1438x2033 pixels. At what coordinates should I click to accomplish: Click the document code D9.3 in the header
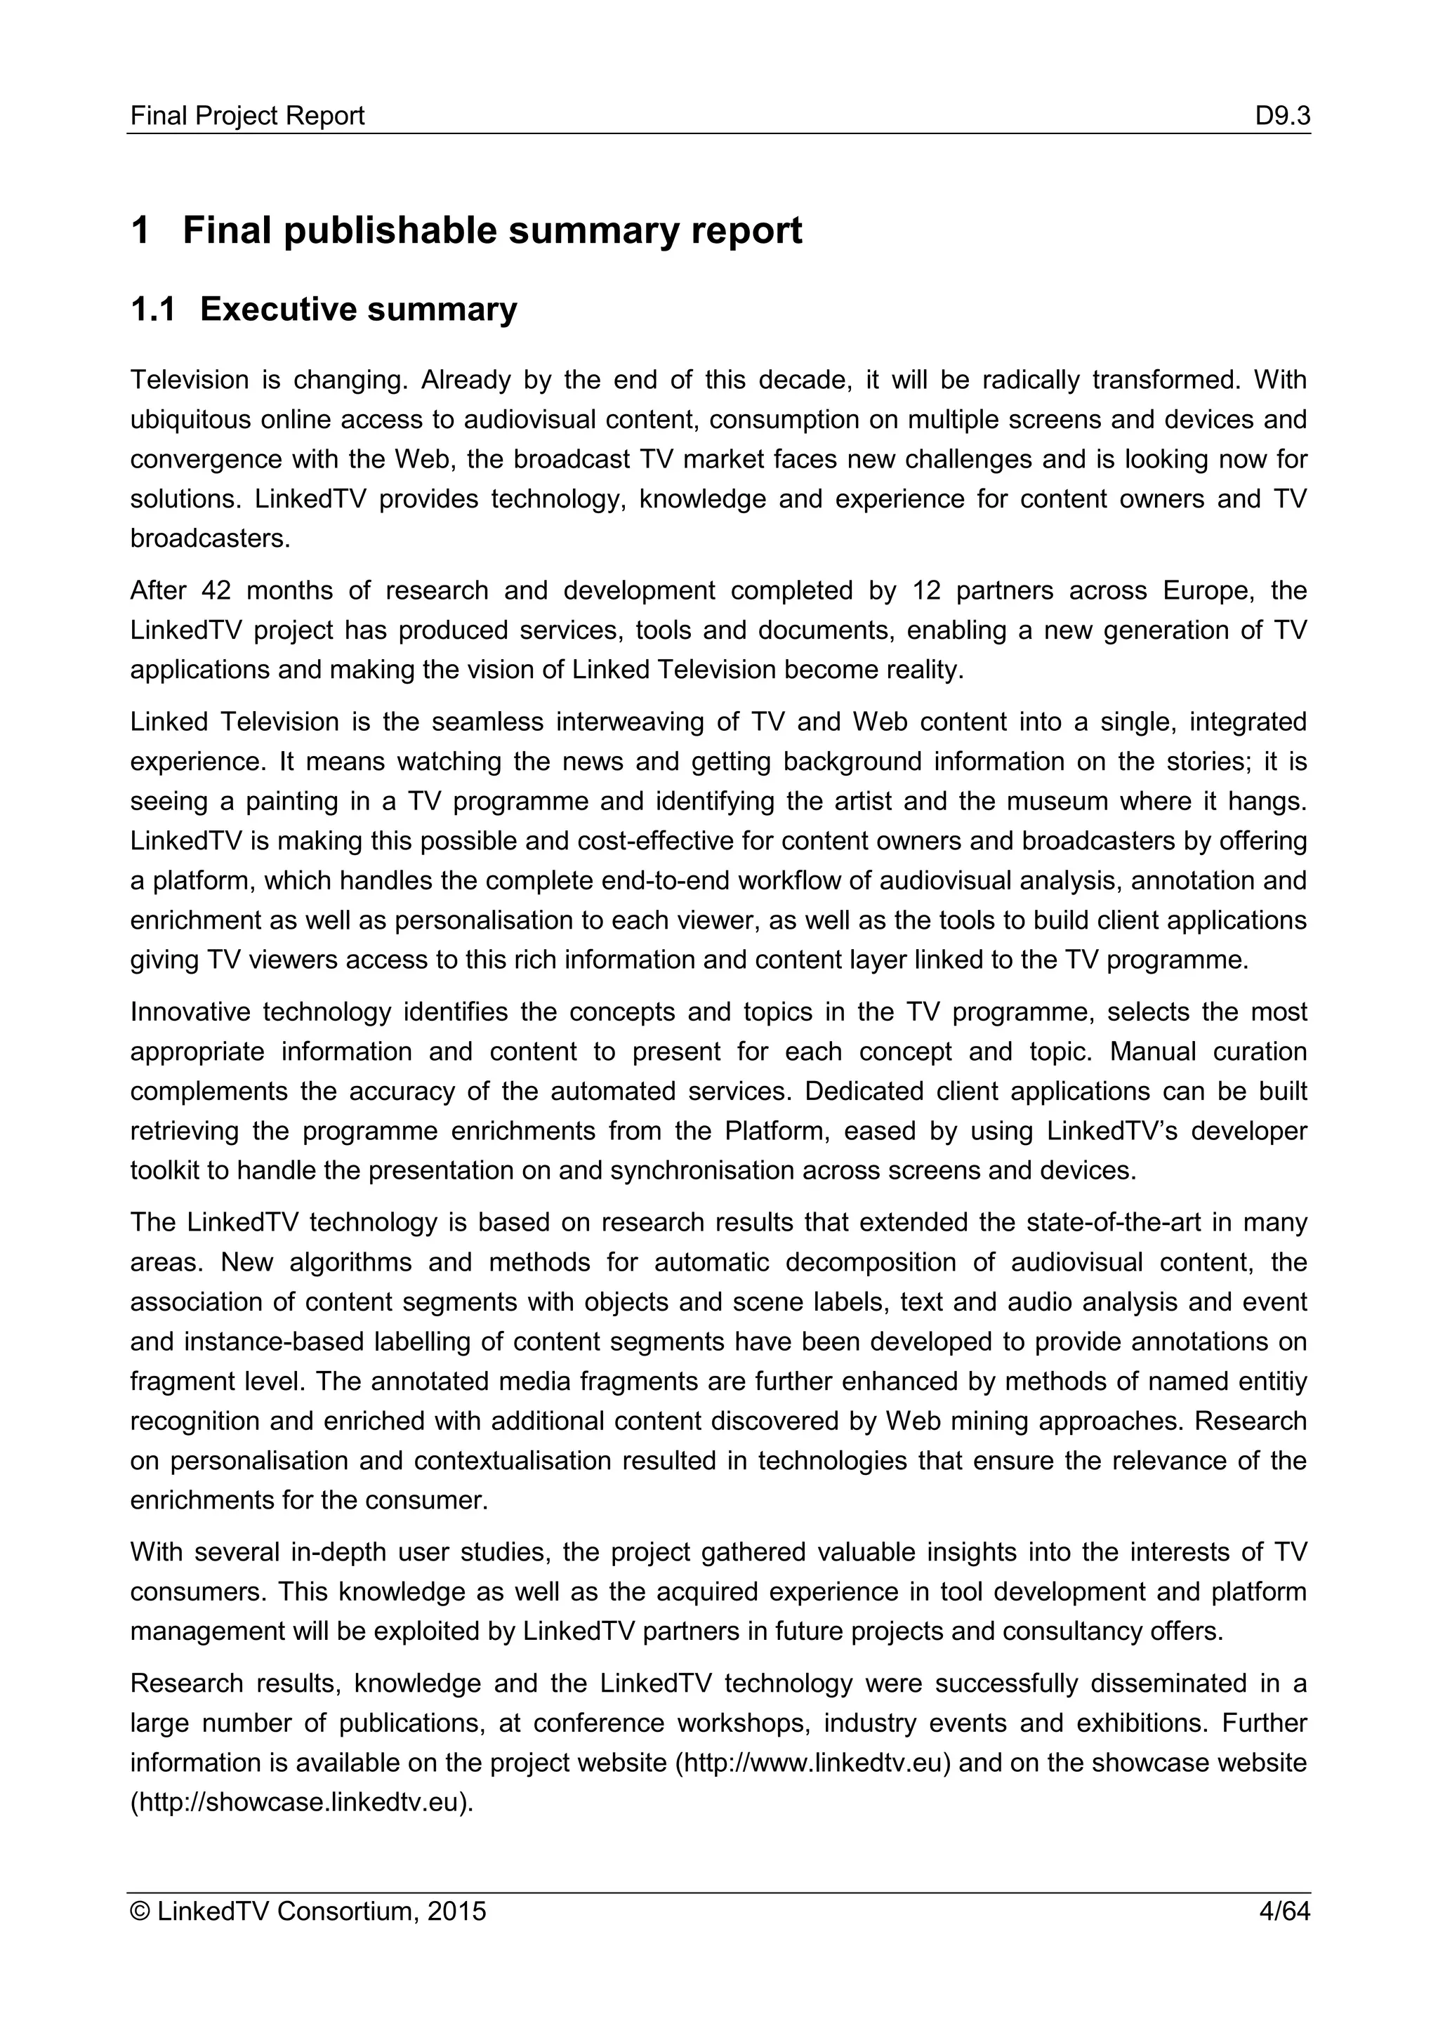click(x=1281, y=116)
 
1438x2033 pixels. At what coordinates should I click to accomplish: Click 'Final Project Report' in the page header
click(x=247, y=116)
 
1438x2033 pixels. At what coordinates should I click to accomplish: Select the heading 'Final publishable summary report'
click(x=492, y=230)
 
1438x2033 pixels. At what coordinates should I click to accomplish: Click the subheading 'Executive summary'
click(x=359, y=309)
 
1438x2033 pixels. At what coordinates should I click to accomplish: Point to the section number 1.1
click(x=152, y=309)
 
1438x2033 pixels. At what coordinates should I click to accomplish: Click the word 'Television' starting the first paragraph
click(x=190, y=380)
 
